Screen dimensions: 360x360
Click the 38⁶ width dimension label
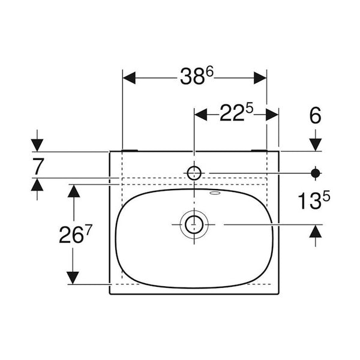[x=197, y=76]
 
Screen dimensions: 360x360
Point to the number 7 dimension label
[x=38, y=166]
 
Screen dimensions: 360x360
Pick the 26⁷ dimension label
[x=76, y=234]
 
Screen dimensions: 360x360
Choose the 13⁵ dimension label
[x=314, y=200]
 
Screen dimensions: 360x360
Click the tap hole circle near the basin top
[x=194, y=173]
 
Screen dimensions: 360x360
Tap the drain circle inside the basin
[x=194, y=224]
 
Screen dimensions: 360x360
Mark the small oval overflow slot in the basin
[x=215, y=193]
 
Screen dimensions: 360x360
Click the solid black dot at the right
[x=316, y=173]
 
